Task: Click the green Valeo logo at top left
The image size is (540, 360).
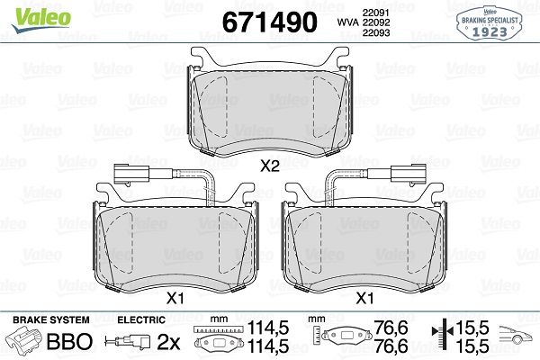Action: tap(41, 19)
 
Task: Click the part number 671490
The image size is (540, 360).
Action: tap(269, 22)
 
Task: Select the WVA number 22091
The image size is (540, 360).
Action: tap(375, 13)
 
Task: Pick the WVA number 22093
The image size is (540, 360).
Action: tap(375, 32)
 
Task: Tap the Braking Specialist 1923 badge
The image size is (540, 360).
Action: tap(490, 23)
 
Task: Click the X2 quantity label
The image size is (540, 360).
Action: tap(270, 166)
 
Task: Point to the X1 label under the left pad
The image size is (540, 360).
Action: tap(175, 298)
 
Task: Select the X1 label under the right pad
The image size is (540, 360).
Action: tap(364, 298)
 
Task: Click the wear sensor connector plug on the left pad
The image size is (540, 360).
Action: tap(131, 173)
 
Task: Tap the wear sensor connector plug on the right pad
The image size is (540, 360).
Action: tap(409, 173)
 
